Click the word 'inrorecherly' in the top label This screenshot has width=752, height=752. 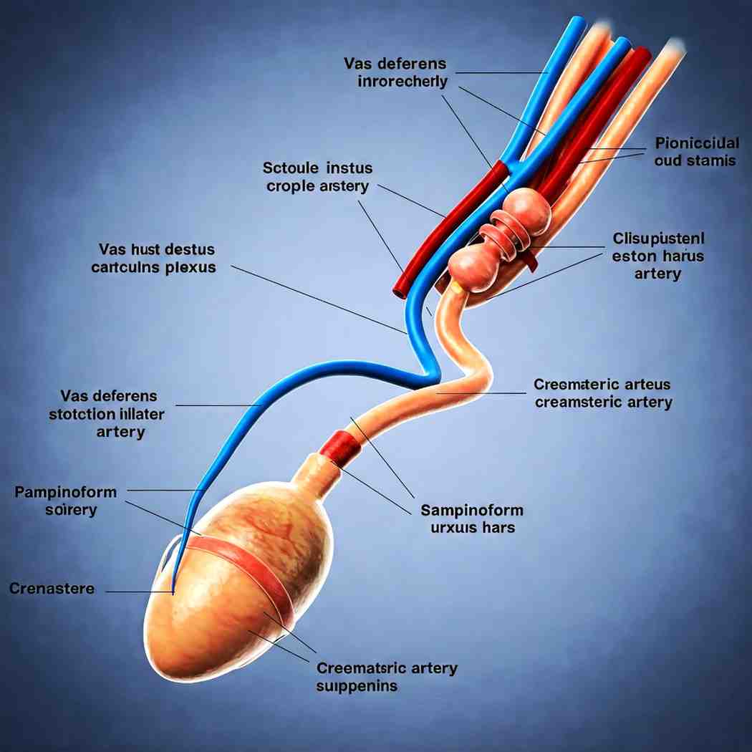[x=402, y=81]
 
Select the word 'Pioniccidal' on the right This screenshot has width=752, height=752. [x=696, y=142]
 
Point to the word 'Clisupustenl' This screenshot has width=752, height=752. [x=659, y=237]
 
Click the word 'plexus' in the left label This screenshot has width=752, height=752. [x=190, y=268]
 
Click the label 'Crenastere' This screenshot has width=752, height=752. [x=52, y=588]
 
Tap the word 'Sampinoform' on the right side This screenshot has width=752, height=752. [x=471, y=510]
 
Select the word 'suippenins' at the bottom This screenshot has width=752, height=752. [x=357, y=686]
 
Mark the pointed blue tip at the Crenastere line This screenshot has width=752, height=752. [x=173, y=592]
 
